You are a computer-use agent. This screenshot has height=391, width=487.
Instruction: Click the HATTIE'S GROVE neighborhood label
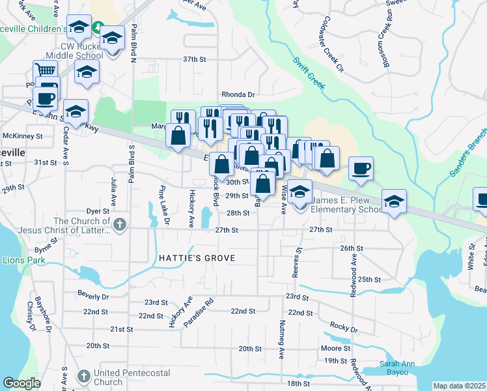197,259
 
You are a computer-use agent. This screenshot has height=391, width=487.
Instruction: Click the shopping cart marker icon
44,70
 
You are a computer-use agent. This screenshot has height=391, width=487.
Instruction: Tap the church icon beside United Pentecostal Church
83,377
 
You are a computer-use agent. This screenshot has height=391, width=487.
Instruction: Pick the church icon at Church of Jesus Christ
118,225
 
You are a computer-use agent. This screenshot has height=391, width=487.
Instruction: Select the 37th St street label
194,59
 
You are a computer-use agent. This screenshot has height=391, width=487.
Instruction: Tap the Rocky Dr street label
344,326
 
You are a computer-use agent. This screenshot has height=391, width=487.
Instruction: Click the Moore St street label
336,349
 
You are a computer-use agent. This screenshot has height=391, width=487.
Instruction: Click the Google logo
21,383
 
